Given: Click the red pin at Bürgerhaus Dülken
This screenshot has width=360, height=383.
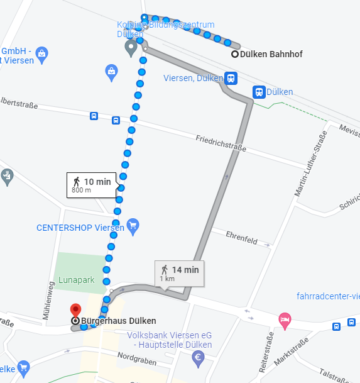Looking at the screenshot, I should point(75,310).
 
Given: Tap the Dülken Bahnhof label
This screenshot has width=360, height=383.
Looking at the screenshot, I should point(272,55).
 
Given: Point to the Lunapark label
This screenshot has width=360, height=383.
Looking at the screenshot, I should point(77,279).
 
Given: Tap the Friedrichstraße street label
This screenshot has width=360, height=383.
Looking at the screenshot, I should point(221,143).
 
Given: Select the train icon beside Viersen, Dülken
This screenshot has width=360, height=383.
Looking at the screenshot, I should point(231,79).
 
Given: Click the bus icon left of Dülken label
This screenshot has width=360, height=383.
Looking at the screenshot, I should point(258,92).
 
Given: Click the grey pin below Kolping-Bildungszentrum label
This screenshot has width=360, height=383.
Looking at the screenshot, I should point(131,48).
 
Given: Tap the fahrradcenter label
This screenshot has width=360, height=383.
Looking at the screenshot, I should point(328,297).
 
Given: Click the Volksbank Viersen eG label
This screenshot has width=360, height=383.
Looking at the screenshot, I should point(169,335).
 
